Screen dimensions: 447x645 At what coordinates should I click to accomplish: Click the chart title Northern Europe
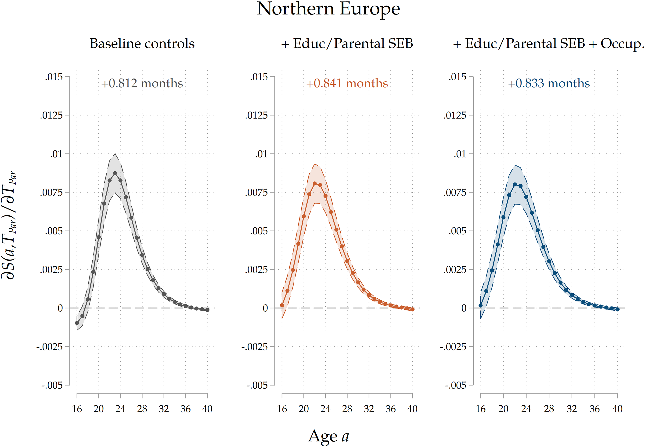point(328,9)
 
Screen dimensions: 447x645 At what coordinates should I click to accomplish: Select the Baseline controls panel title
point(142,44)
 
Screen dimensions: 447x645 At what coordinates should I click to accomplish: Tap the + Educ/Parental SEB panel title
point(347,44)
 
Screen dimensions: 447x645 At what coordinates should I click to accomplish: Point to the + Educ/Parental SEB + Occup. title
point(548,44)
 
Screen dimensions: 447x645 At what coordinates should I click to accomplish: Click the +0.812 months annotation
point(142,83)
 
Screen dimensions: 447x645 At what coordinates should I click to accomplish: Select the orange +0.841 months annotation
point(347,83)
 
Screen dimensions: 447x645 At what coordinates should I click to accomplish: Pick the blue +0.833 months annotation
point(549,83)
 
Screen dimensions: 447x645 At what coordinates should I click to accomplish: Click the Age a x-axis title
point(328,436)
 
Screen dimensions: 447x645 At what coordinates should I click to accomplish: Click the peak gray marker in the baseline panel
point(115,173)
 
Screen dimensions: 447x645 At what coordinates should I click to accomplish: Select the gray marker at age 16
point(77,323)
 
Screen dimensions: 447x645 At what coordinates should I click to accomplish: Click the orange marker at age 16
point(282,305)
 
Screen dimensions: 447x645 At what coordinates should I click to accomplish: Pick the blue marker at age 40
point(617,309)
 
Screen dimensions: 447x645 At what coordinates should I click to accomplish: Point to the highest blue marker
point(515,185)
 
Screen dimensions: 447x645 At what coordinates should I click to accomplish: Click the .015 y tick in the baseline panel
point(54,77)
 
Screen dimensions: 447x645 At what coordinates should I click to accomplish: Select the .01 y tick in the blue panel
point(460,154)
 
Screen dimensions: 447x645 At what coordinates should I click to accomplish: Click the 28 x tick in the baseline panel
point(142,409)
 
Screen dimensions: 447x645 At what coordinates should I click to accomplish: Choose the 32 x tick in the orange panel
point(369,409)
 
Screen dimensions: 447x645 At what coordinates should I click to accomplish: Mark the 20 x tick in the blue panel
point(503,409)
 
